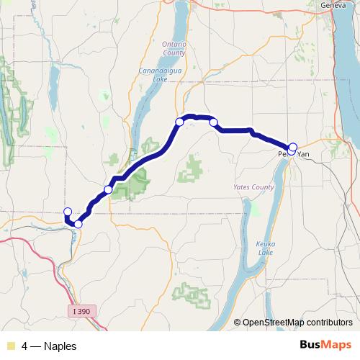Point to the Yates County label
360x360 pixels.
[254, 187]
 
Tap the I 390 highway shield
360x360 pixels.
[83, 311]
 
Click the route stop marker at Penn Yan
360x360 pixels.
[292, 146]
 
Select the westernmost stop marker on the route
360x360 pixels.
[68, 212]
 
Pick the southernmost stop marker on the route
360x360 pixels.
[78, 224]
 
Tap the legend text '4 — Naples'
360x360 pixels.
[49, 346]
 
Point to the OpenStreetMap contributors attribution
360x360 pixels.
[297, 323]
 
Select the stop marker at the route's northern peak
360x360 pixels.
[179, 122]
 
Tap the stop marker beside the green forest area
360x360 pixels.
[108, 189]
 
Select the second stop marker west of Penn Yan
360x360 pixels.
[179, 122]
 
